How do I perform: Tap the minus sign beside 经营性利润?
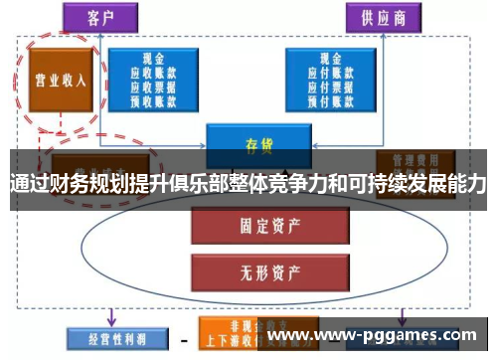182,340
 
